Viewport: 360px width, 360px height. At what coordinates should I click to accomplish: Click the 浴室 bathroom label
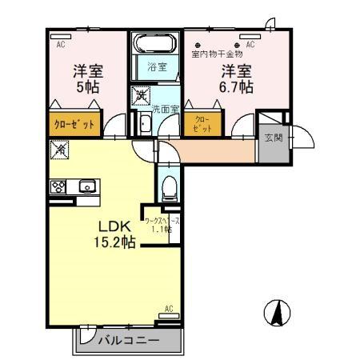157,68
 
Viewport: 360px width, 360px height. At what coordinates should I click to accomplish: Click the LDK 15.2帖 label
116,232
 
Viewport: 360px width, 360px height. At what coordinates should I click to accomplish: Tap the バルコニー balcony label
129,341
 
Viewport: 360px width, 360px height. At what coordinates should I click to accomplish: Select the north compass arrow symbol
275,310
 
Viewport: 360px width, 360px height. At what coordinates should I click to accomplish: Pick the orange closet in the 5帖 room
74,124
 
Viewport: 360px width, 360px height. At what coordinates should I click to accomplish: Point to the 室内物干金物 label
216,54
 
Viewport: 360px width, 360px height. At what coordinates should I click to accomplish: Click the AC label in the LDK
169,308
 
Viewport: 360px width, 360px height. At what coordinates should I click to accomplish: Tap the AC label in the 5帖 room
61,45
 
